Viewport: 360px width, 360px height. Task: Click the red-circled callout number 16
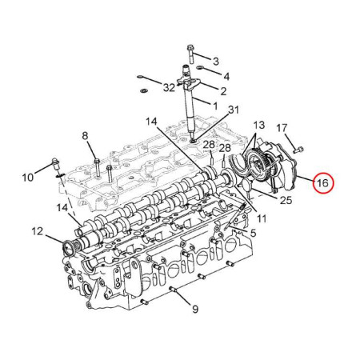click(x=322, y=183)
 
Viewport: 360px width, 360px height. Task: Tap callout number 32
click(x=169, y=87)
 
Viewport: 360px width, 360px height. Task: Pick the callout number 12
click(x=38, y=231)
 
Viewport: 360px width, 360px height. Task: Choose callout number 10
click(x=28, y=177)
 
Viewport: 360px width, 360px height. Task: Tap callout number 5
click(x=253, y=233)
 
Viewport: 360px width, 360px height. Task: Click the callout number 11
click(x=262, y=218)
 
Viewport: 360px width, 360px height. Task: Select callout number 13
click(x=258, y=125)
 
